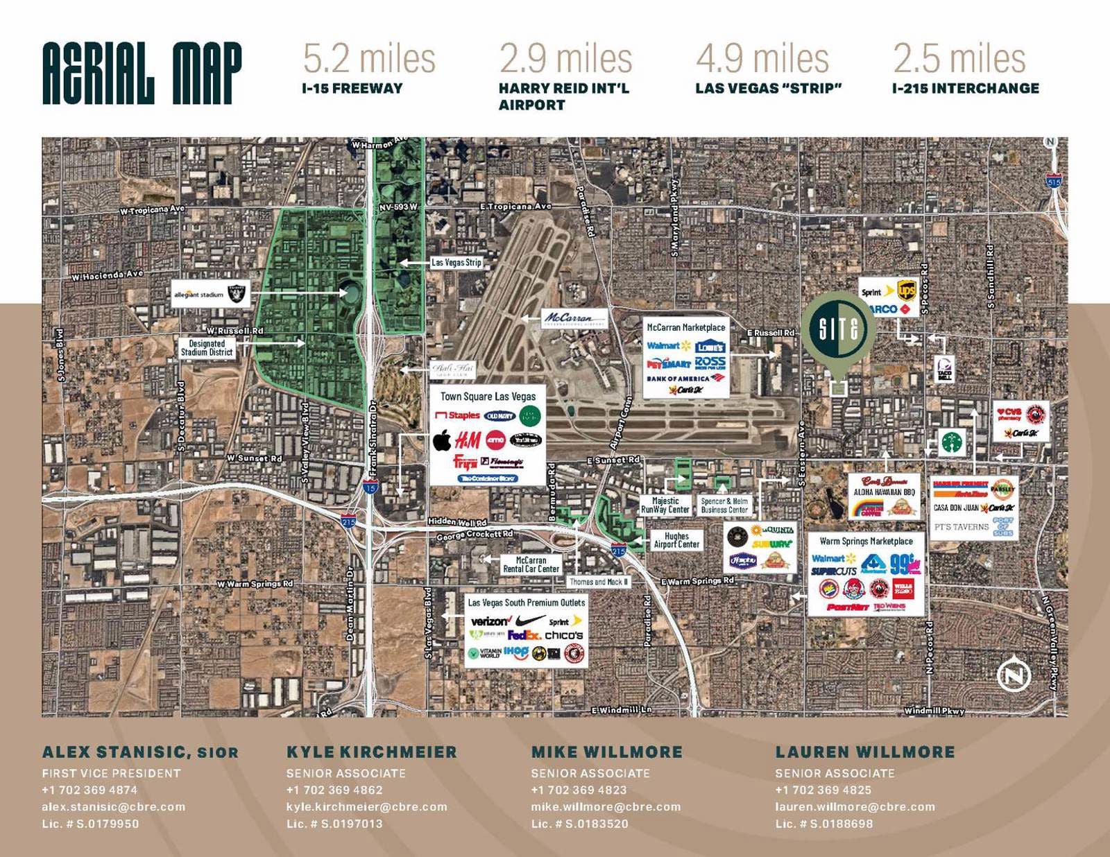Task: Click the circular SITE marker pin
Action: click(x=838, y=328)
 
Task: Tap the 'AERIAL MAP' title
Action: click(x=142, y=73)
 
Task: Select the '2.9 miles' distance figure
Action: click(x=565, y=58)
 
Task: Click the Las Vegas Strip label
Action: click(x=456, y=263)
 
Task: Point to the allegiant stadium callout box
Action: click(x=210, y=294)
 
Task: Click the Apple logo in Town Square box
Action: click(x=443, y=440)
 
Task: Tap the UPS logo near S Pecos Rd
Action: click(x=907, y=290)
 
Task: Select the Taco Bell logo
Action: click(x=945, y=369)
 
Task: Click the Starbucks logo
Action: click(x=953, y=442)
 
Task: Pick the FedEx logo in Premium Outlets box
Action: click(x=524, y=635)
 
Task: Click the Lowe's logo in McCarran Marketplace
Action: click(x=710, y=346)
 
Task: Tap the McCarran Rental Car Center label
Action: click(x=531, y=564)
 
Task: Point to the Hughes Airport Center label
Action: click(x=676, y=540)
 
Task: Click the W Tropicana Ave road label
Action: click(x=152, y=209)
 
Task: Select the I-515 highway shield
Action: click(x=1054, y=182)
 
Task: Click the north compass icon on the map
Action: click(x=1014, y=675)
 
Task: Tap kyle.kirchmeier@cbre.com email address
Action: click(x=366, y=807)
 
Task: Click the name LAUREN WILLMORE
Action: click(x=865, y=752)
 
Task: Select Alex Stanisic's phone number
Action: click(x=89, y=790)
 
